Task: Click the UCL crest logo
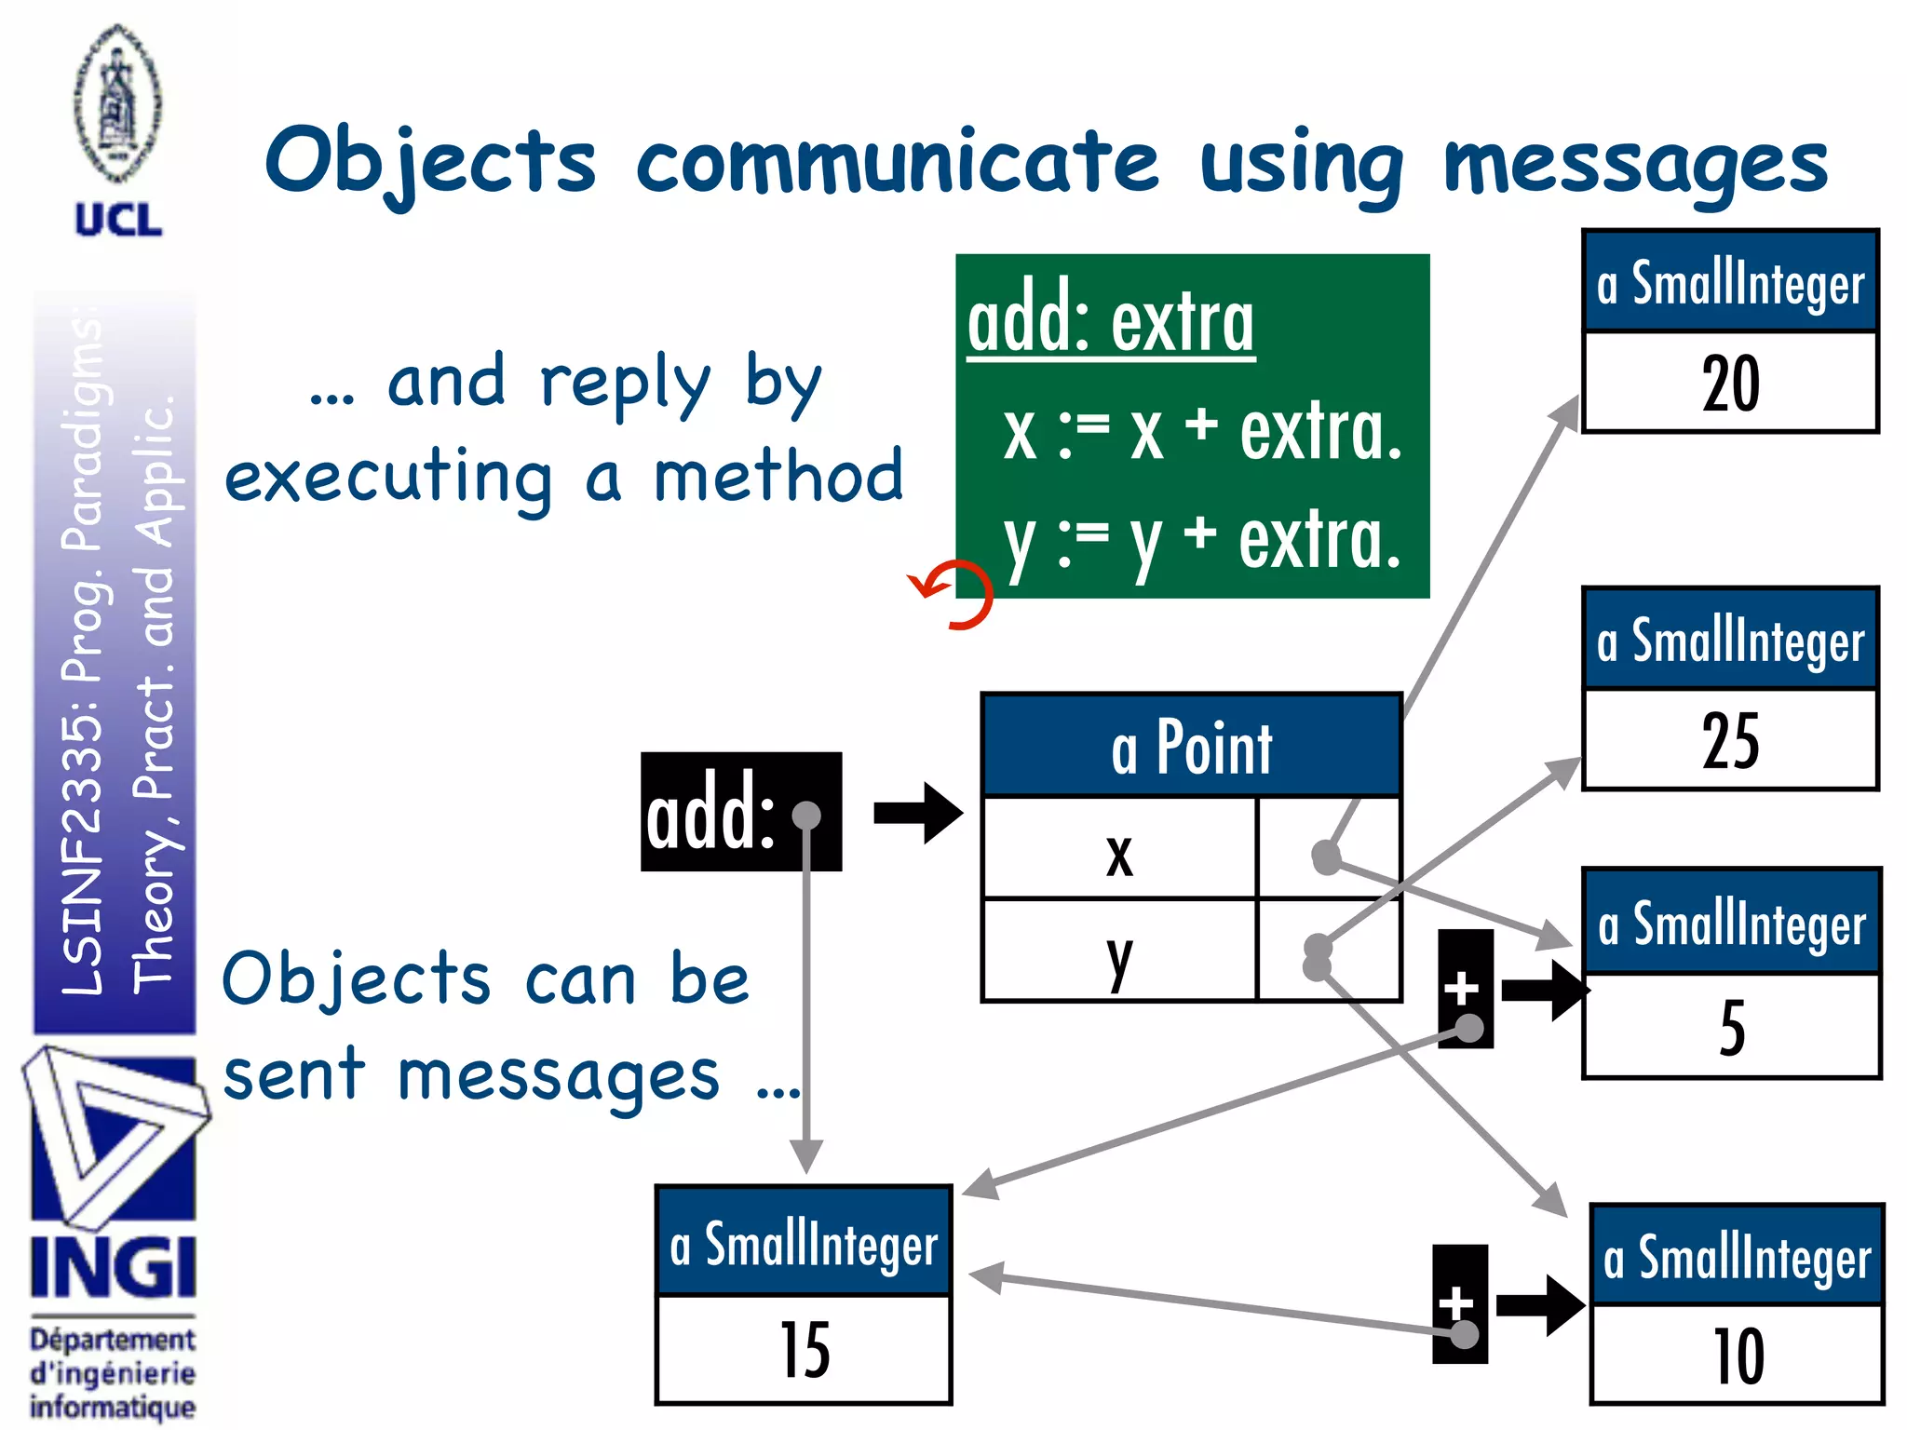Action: pos(117,104)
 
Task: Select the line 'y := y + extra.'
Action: pos(1201,541)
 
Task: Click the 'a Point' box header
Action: pos(1191,747)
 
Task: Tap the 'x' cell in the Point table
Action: pos(1119,851)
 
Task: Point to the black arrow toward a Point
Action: pos(917,813)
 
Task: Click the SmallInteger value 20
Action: pos(1730,383)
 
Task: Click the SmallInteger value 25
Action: pos(1730,740)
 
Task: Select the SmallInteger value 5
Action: pos(1731,1028)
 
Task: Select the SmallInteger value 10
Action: pos(1738,1356)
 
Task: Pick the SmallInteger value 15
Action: pos(804,1350)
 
